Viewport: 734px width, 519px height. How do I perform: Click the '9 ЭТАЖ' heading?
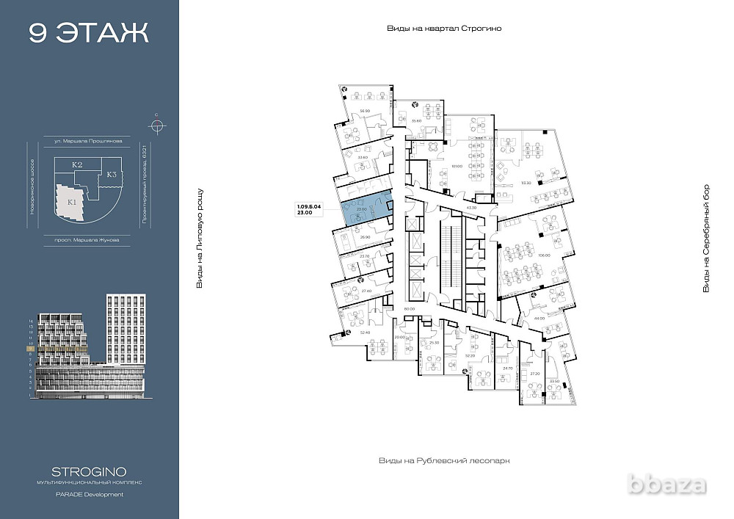click(x=89, y=33)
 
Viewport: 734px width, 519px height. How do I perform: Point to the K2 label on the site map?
click(x=76, y=166)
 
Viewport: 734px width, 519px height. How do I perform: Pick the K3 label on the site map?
click(x=112, y=175)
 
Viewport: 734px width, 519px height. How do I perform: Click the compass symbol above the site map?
click(x=156, y=123)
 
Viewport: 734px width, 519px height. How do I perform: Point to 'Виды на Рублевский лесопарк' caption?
click(x=443, y=460)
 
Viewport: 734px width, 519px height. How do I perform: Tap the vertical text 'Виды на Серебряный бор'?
click(x=706, y=239)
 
